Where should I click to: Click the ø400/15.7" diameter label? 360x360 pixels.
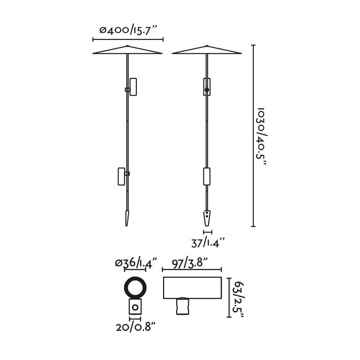(x=128, y=30)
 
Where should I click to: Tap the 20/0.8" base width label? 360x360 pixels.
(x=136, y=327)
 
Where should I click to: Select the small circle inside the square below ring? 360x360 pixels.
(x=135, y=307)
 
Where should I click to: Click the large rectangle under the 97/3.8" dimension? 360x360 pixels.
(x=192, y=288)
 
